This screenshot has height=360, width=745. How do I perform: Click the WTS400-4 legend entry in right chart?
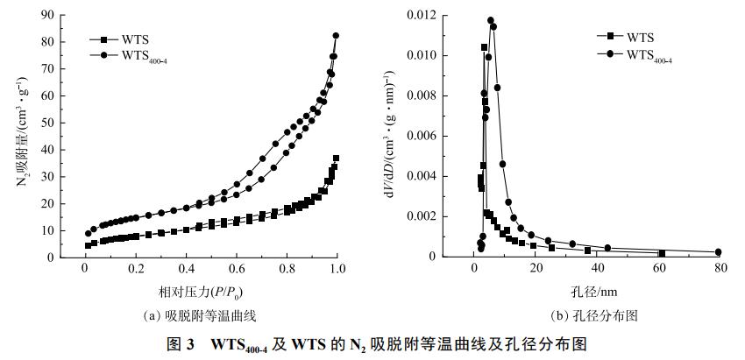point(649,53)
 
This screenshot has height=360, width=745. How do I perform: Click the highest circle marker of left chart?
point(336,36)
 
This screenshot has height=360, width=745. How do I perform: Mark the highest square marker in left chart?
point(336,159)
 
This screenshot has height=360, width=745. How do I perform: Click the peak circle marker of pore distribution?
point(491,20)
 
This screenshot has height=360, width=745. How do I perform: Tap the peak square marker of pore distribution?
point(484,47)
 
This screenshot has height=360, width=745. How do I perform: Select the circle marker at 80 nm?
point(718,252)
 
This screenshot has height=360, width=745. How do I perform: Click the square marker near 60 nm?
point(662,254)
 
